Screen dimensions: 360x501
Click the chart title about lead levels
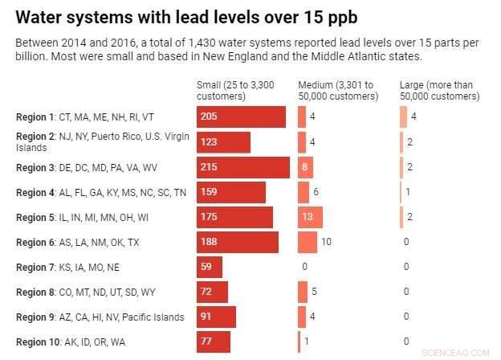pos(187,17)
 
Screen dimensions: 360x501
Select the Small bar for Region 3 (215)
pos(242,167)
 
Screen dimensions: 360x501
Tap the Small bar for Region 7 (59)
pos(209,267)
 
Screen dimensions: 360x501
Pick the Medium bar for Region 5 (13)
pos(310,217)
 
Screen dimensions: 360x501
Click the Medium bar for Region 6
pos(307,242)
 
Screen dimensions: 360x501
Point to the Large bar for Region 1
pos(403,117)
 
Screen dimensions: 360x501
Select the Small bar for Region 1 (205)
pos(241,117)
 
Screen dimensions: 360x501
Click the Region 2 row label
pos(103,142)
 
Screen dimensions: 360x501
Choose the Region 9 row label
pos(100,317)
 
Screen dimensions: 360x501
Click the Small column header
pos(230,91)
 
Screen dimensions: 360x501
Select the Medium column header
pos(337,91)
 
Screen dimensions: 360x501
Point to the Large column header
pos(439,91)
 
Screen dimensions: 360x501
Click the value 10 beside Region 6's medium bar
pos(327,242)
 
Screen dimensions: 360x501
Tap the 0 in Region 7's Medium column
pos(304,267)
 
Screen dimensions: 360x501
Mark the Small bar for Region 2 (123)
pos(223,142)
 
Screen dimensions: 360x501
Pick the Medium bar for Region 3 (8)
pos(305,167)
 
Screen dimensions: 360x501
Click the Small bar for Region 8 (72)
pos(212,292)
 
